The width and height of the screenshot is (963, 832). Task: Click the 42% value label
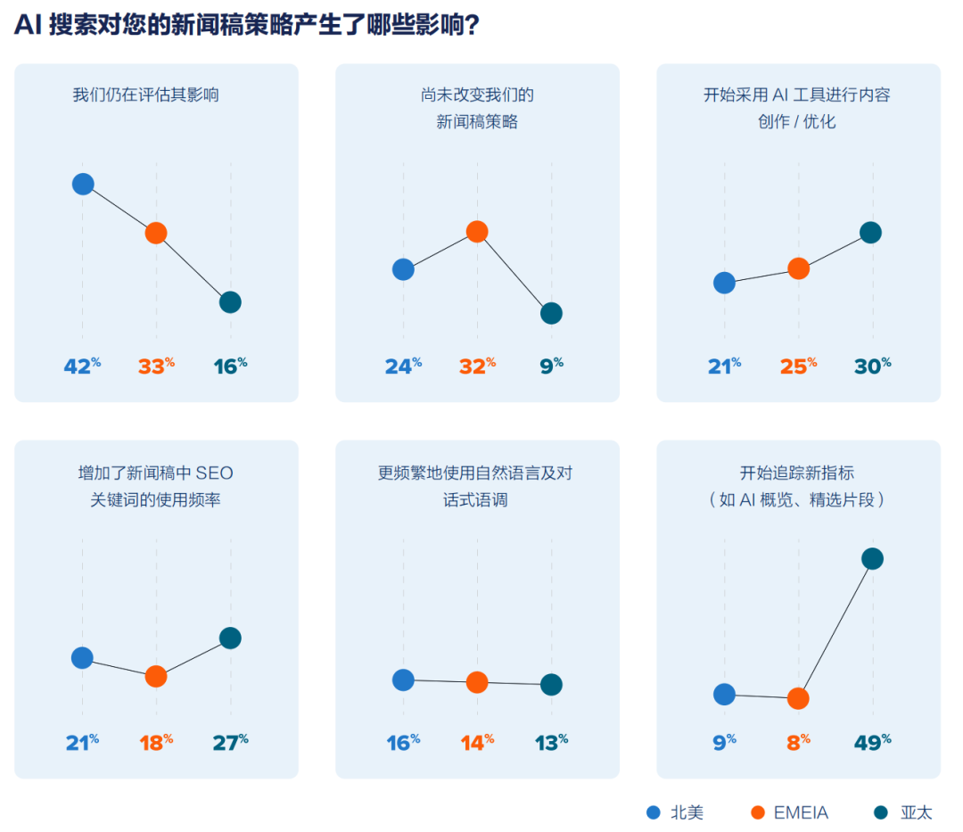click(81, 366)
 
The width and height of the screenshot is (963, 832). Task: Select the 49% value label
click(872, 742)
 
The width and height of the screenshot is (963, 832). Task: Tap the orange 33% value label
click(155, 366)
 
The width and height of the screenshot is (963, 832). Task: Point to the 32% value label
click(477, 366)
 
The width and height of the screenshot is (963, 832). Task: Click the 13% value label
click(550, 742)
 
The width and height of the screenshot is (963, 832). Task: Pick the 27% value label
click(229, 742)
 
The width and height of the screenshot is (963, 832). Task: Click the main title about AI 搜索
click(247, 26)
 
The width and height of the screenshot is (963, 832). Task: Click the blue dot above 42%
click(82, 184)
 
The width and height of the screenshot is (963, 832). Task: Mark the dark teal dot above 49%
click(872, 559)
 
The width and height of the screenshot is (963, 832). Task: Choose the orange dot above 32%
click(477, 232)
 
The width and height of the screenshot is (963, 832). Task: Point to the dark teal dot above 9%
click(551, 313)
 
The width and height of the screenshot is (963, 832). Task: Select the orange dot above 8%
click(798, 698)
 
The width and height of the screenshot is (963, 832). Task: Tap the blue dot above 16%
click(403, 680)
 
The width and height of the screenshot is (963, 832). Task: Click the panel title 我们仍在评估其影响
click(145, 95)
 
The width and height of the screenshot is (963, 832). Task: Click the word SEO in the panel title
click(214, 473)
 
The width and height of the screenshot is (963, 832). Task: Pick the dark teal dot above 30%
click(870, 233)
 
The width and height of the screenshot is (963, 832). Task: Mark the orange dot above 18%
click(156, 676)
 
